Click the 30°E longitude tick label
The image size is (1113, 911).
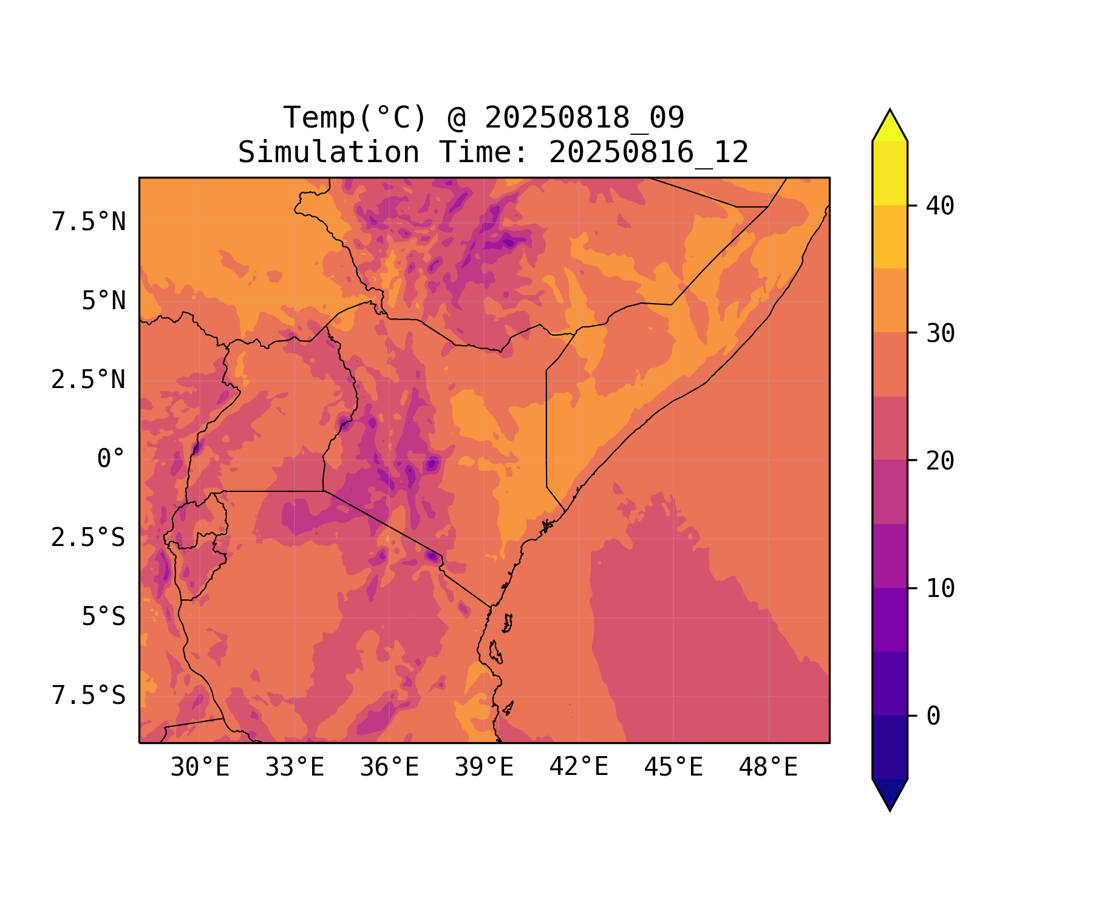(x=200, y=768)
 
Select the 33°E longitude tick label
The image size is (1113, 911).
(x=294, y=768)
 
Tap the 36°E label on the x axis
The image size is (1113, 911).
(x=389, y=768)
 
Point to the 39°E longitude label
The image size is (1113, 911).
(x=484, y=768)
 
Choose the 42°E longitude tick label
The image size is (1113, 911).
(x=579, y=768)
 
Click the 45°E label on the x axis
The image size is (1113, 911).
(x=673, y=768)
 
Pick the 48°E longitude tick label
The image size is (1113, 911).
(x=768, y=768)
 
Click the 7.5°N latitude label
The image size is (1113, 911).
(x=89, y=222)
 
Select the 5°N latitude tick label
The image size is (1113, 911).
(x=104, y=301)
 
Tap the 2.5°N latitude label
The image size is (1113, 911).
(x=89, y=380)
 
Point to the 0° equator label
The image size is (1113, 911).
(x=111, y=459)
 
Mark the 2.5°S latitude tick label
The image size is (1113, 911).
(x=89, y=537)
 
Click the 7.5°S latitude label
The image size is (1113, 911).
(x=89, y=695)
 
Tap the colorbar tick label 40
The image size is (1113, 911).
(x=940, y=206)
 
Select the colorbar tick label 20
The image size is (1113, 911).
(x=940, y=461)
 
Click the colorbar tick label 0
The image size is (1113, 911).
(x=933, y=716)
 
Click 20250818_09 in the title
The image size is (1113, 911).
(x=584, y=118)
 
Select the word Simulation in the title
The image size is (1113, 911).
(x=328, y=152)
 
